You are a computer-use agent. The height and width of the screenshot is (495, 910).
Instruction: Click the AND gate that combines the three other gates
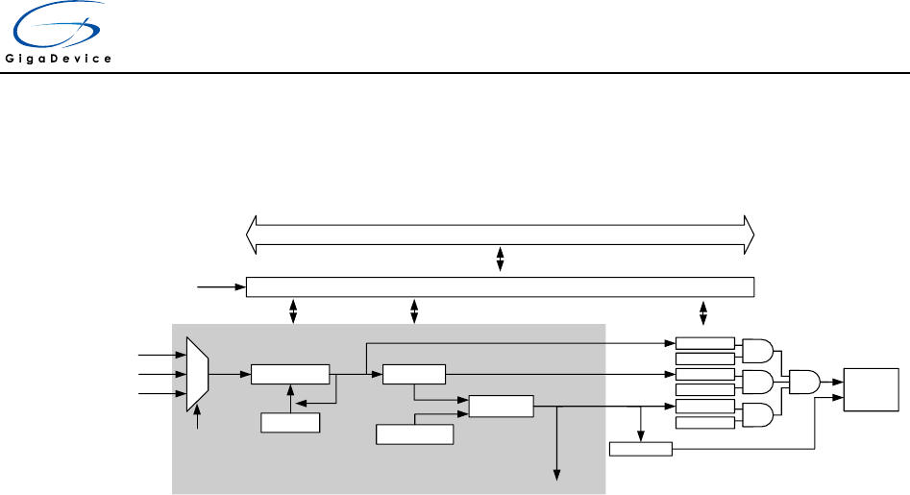pyautogui.click(x=804, y=383)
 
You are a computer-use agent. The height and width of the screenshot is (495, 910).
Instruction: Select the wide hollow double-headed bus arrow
pyautogui.click(x=500, y=234)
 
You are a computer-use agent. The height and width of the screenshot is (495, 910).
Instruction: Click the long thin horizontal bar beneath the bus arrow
pyautogui.click(x=500, y=287)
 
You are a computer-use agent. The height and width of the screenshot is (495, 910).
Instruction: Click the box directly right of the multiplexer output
pyautogui.click(x=289, y=374)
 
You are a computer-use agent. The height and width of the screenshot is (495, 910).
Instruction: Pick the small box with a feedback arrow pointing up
pyautogui.click(x=290, y=422)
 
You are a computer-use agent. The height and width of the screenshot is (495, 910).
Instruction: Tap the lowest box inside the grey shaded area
pyautogui.click(x=414, y=434)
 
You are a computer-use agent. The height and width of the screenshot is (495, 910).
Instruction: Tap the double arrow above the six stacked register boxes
pyautogui.click(x=703, y=312)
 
